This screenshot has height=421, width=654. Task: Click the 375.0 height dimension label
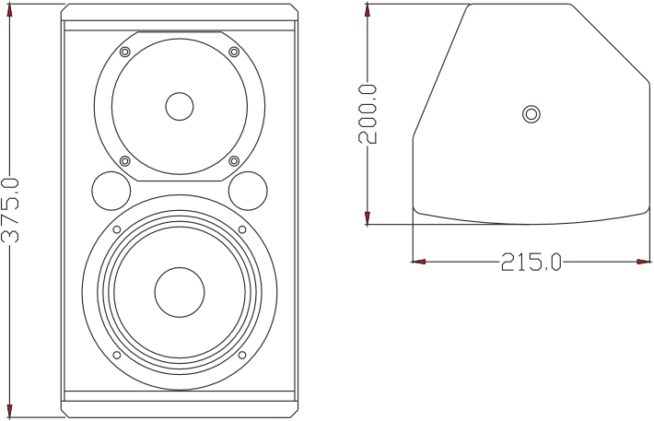point(10,209)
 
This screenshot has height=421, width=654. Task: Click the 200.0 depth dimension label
point(368,113)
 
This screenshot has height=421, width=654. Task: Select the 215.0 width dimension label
point(531,263)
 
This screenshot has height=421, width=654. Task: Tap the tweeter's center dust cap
point(180,106)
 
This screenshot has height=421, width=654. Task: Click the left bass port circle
point(111,191)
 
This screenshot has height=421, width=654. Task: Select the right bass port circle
point(248,191)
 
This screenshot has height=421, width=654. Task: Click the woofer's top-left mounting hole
point(117,229)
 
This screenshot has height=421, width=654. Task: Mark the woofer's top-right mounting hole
point(242,229)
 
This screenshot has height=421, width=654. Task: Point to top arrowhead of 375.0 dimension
point(10,11)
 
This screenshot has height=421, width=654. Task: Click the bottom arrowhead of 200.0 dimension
point(368,217)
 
